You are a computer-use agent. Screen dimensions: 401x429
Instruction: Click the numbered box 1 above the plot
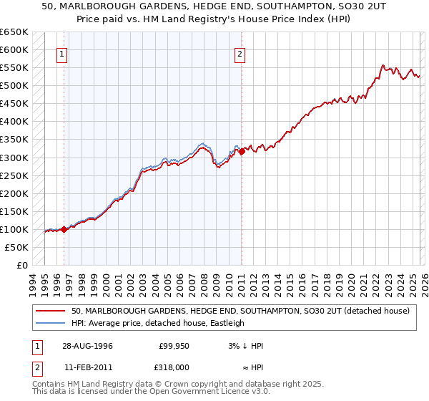[x=62, y=54]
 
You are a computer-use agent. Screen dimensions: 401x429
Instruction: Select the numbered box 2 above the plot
[x=240, y=54]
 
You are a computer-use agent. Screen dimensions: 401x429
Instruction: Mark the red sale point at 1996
[x=64, y=229]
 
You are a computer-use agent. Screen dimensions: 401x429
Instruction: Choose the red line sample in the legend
[x=51, y=311]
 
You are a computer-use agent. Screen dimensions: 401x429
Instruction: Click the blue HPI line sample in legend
[x=51, y=323]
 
